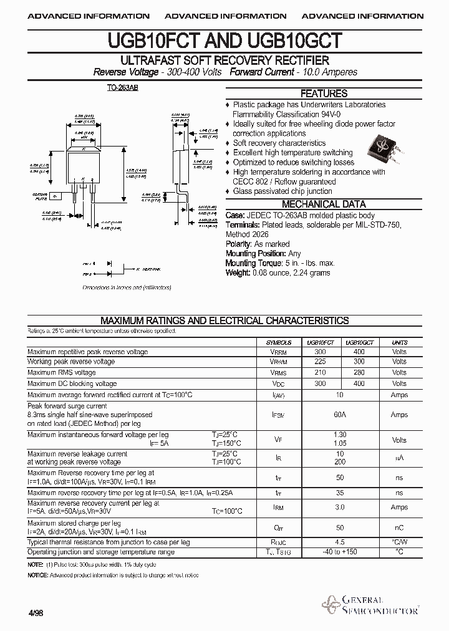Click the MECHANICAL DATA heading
click(x=324, y=204)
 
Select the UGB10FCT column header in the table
click(x=321, y=343)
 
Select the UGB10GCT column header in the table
click(x=359, y=343)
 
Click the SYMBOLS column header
click(x=278, y=343)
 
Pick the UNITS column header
click(x=399, y=343)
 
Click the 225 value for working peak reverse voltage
click(x=321, y=362)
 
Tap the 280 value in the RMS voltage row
click(x=359, y=372)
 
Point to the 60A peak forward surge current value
click(x=340, y=415)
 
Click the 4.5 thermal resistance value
click(x=340, y=542)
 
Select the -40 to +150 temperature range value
click(x=340, y=552)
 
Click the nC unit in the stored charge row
click(x=399, y=527)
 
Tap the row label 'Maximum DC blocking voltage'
click(x=72, y=383)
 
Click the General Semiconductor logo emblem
click(x=330, y=604)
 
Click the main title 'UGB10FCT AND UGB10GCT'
click(x=224, y=41)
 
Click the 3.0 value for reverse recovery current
click(x=340, y=508)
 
